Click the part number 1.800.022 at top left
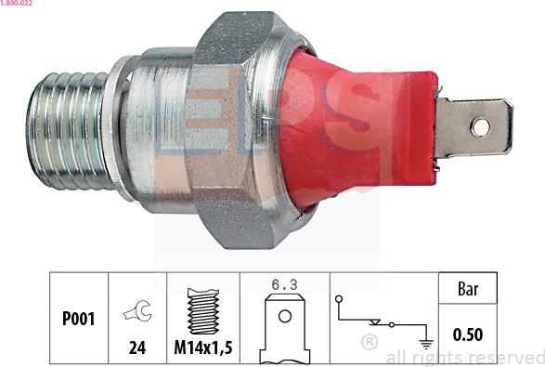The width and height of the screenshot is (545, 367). pos(16,3)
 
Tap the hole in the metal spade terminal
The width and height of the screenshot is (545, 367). pos(480,127)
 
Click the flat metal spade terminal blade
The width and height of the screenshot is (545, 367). pos(474,127)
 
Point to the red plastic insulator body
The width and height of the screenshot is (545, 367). pos(359,128)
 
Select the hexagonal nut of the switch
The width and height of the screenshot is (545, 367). pos(240,129)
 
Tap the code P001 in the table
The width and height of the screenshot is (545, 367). pos(78,319)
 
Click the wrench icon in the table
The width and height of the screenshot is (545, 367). pos(138,310)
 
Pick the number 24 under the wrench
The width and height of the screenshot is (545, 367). pos(137,347)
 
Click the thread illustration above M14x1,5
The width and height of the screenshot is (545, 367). pos(203,311)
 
